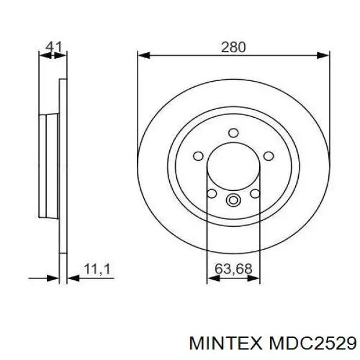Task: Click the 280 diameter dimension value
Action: [x=233, y=47]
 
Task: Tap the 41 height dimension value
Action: [x=54, y=47]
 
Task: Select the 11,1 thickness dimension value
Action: [x=97, y=269]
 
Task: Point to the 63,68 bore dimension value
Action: [x=233, y=268]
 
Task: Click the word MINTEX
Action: [x=226, y=344]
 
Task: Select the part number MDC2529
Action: [x=313, y=344]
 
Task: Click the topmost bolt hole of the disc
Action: [x=233, y=133]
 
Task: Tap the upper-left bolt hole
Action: [x=199, y=156]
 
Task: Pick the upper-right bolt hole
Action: [x=268, y=156]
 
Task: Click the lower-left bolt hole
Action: [x=212, y=194]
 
